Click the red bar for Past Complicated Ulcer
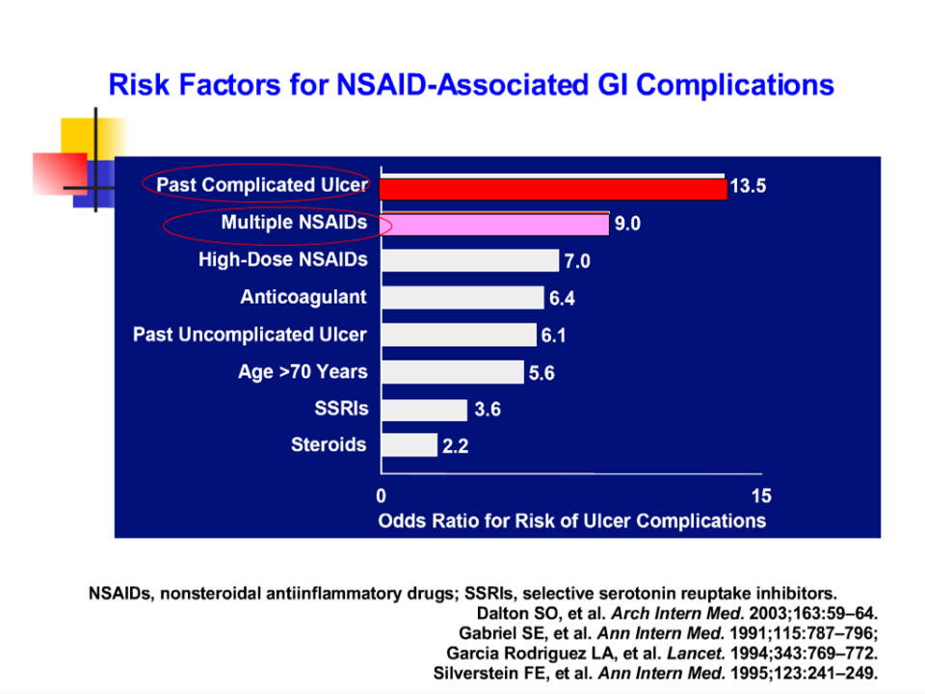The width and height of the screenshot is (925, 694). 552,188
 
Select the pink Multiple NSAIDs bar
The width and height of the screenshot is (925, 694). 494,225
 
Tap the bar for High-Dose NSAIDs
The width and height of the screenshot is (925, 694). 469,260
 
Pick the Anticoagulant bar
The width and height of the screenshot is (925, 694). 462,298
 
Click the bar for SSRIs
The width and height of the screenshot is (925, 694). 424,409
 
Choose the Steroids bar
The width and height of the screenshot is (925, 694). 409,445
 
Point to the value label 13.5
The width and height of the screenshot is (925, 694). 748,187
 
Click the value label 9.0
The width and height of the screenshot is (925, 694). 627,225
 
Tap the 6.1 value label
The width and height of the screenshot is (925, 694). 554,335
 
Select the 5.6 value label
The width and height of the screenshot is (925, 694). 542,372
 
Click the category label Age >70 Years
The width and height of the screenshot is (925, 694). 303,371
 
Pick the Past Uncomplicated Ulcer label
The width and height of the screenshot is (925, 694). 250,334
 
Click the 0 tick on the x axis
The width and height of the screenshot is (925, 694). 381,497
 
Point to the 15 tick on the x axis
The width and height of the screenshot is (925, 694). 760,497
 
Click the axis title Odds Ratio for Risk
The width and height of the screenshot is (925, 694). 572,520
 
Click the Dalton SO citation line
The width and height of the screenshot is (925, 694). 677,613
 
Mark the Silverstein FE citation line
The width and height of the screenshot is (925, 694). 656,673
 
